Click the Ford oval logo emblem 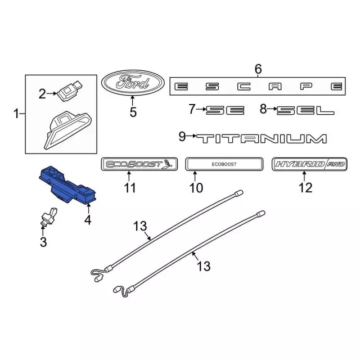pos(133,83)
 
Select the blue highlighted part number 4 pos(67,184)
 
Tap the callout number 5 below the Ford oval pos(133,112)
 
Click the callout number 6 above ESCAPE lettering pos(258,69)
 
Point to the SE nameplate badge pos(225,110)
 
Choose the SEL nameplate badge pos(305,110)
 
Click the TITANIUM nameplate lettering pos(262,139)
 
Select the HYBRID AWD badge pos(309,164)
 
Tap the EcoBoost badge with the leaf pos(139,164)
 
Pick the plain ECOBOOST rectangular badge pos(224,164)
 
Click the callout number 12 pos(305,187)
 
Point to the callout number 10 pos(196,187)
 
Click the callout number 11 pos(130,187)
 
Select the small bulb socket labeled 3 pos(49,216)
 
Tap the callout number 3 pos(43,242)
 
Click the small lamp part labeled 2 pos(69,91)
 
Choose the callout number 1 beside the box pos(16,114)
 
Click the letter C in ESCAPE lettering pos(244,86)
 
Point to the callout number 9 pos(182,137)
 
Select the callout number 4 pos(88,220)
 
